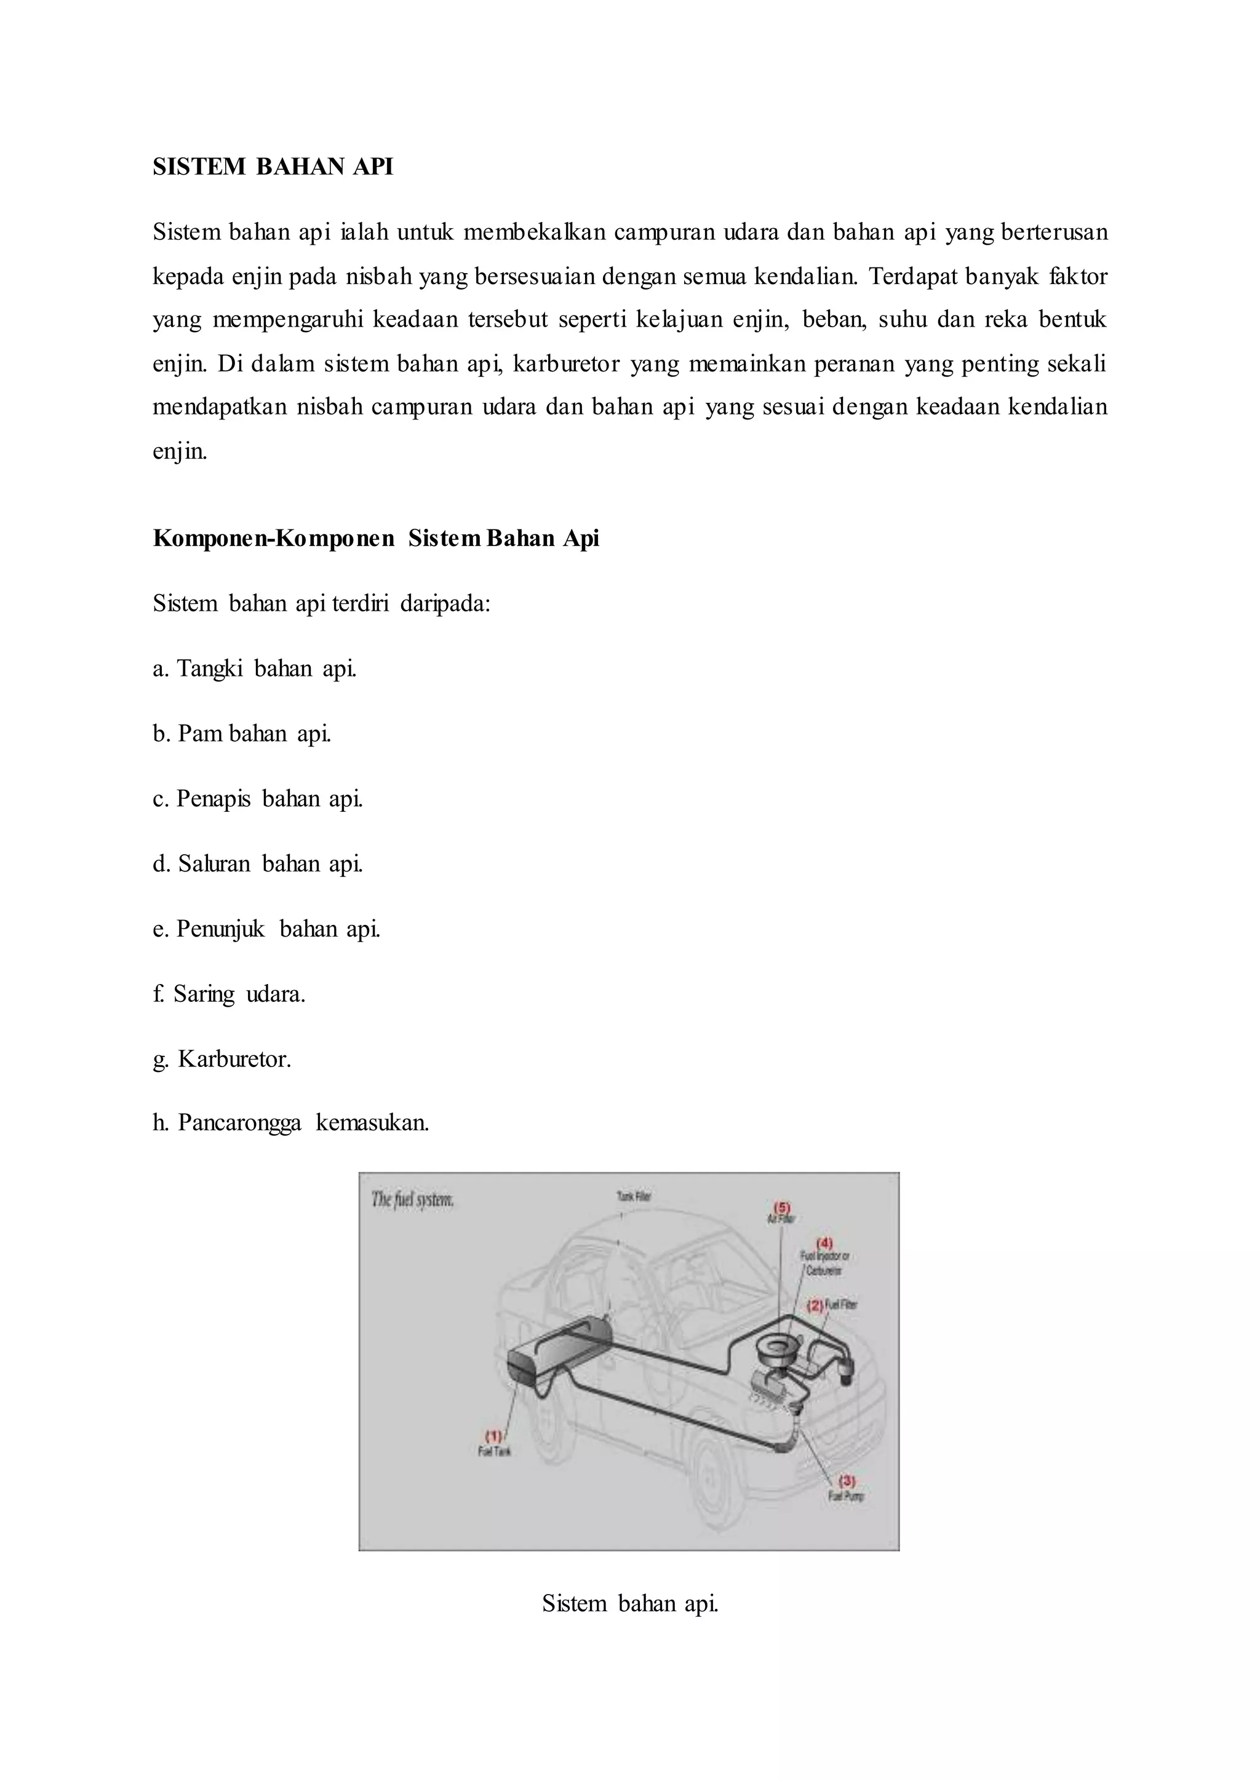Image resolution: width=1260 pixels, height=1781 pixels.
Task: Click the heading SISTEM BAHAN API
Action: (x=273, y=167)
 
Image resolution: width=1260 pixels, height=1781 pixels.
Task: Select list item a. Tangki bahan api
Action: (x=255, y=668)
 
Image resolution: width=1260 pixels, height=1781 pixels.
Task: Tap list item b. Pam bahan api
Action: (x=241, y=734)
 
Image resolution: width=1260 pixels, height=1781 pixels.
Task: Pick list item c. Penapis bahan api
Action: (x=258, y=799)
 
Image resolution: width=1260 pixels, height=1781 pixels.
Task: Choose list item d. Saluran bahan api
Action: (x=258, y=864)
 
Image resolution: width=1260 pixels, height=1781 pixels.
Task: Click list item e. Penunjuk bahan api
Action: (x=266, y=929)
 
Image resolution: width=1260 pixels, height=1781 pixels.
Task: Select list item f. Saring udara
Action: (x=229, y=994)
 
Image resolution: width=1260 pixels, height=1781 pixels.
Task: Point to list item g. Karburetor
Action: (x=222, y=1060)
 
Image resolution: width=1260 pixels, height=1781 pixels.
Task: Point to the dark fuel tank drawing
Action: (x=557, y=1357)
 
